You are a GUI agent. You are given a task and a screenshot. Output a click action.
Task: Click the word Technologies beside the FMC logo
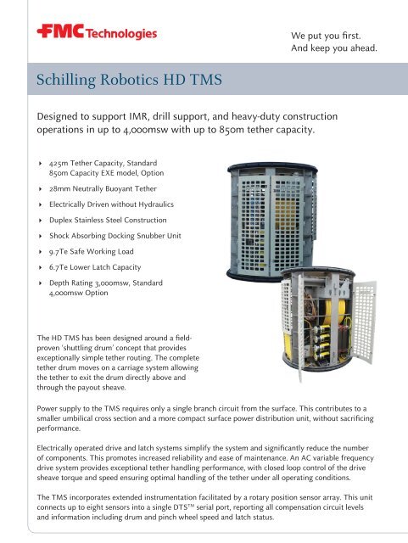pos(124,34)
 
